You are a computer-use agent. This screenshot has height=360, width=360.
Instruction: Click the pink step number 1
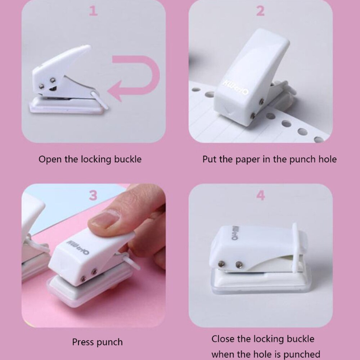[93, 12]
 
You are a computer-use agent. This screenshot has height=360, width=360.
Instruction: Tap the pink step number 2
[260, 12]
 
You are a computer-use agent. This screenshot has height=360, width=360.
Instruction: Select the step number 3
[93, 195]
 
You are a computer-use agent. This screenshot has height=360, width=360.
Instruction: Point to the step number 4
[260, 195]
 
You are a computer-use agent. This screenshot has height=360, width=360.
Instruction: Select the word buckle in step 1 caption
[128, 159]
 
